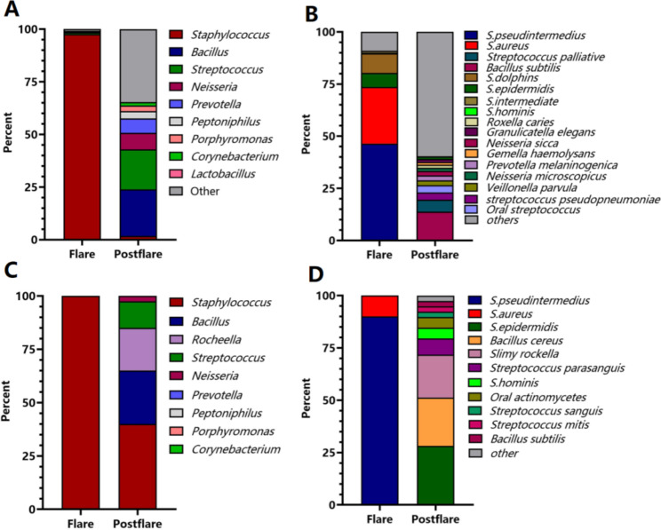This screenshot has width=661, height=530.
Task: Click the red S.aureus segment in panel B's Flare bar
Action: [379, 113]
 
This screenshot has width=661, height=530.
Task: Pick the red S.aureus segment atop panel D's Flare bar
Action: [379, 305]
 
